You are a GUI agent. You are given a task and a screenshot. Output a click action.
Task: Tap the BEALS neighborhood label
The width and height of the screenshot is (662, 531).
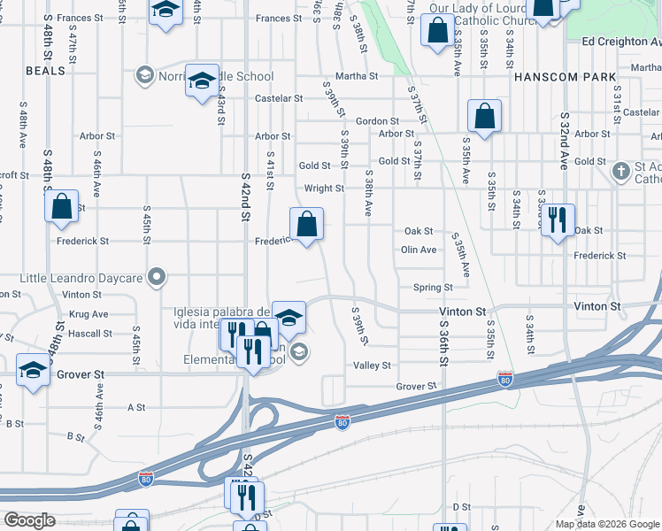tap(46, 71)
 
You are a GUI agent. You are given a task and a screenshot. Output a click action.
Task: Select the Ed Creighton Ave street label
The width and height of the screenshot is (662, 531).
tap(621, 42)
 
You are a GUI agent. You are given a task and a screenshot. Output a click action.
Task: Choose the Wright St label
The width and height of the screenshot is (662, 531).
tap(324, 189)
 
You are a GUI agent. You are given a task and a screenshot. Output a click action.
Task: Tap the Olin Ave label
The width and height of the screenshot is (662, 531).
tap(419, 250)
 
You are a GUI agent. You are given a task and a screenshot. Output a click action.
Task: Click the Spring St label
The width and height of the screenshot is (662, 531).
tap(433, 288)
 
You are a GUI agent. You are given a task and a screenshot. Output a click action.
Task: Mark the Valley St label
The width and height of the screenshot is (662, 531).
tap(373, 366)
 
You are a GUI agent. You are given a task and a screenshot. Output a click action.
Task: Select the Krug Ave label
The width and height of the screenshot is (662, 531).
tap(88, 314)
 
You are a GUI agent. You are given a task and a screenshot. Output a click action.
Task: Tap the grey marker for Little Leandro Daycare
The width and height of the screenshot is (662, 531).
tap(157, 278)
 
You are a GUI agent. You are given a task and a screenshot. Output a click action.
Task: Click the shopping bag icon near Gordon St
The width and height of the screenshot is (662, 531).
tap(484, 116)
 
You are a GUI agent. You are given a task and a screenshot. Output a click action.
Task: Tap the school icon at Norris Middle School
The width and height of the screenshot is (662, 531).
tap(203, 82)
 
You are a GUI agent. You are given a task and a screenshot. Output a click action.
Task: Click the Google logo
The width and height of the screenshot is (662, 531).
tap(28, 520)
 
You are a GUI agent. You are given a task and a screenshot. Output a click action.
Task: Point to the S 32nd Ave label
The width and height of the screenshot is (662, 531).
tap(564, 142)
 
